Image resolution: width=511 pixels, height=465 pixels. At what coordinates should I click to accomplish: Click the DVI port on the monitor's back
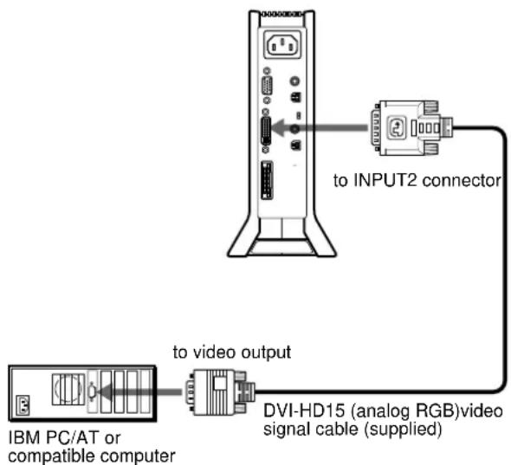point(268,132)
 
